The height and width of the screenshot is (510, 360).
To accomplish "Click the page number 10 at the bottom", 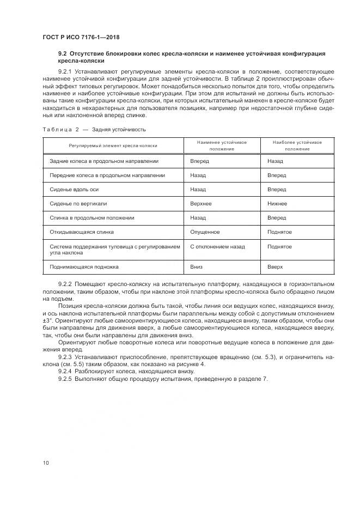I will [x=46, y=463].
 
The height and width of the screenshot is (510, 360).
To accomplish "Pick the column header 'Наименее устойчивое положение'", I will [x=221, y=145].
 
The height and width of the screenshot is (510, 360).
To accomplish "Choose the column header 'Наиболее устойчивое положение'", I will [x=297, y=145].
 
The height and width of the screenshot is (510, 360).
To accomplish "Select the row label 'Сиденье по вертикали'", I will [x=78, y=203].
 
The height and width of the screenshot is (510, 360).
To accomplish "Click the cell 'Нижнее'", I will [x=277, y=203].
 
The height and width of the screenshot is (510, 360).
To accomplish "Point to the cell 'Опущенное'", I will [x=205, y=232].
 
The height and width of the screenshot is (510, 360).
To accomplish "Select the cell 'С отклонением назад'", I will [x=217, y=246].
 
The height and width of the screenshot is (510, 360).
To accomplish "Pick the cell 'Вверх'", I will [x=275, y=267].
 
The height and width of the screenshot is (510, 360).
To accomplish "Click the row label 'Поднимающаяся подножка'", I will [x=84, y=267].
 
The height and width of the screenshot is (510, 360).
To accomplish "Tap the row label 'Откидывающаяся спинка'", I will [x=82, y=232].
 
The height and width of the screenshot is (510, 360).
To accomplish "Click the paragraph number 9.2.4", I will [x=65, y=371].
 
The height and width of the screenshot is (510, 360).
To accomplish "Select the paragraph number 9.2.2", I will [x=65, y=285].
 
